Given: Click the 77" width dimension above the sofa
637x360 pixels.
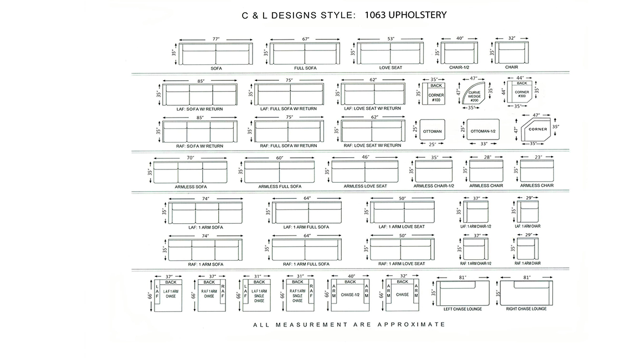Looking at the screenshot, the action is pos(215,39).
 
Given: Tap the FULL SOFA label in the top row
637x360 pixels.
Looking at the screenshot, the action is pos(305,68).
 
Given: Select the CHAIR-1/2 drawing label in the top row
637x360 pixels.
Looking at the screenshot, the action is pos(459,68).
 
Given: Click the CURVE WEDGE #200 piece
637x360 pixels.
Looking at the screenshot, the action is pos(473,94).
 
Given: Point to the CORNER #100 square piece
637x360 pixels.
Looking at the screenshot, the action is pos(434,94).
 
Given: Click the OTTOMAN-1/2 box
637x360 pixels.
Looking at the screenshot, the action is pos(483,130).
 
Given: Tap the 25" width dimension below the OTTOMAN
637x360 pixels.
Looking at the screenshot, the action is pos(432,144).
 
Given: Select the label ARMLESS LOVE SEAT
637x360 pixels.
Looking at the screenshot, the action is pos(365,186).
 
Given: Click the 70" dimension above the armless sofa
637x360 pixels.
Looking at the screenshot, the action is pos(191,158).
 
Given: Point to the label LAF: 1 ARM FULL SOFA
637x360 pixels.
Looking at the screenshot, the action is pos(306,227).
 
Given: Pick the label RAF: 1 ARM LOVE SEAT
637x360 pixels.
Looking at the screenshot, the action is pos(402,264).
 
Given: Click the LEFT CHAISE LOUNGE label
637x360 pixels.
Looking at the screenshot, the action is pos(463,309).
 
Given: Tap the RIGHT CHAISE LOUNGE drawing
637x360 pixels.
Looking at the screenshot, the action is pos(527,293).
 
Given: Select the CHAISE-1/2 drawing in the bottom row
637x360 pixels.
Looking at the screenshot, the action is pos(350,295).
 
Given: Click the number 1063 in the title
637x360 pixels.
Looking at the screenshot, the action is pos(375,15).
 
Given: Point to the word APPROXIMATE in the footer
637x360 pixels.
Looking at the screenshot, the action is pos(412,325).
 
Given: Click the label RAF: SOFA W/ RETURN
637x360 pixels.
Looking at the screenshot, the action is pos(199,146).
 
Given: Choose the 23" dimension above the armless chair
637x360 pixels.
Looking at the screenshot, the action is pos(538,157).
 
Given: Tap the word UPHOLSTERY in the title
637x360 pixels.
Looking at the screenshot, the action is pos(418,15).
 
